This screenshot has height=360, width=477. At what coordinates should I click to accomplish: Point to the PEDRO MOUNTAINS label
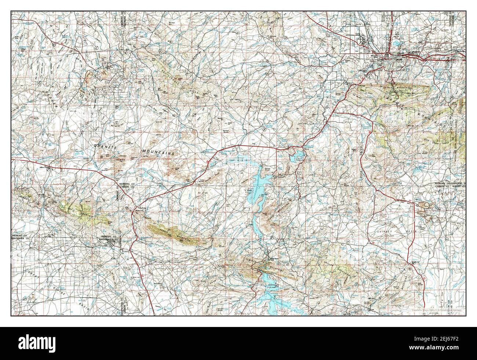[281, 208]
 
